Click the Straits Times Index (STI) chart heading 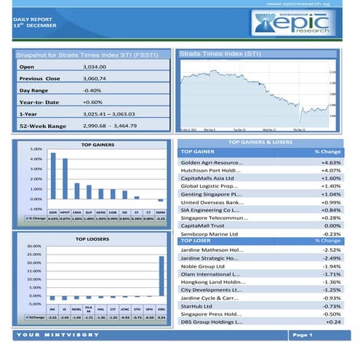pos(220,54)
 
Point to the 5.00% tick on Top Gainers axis pos(34,148)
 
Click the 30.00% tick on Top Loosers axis pos(33,246)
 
